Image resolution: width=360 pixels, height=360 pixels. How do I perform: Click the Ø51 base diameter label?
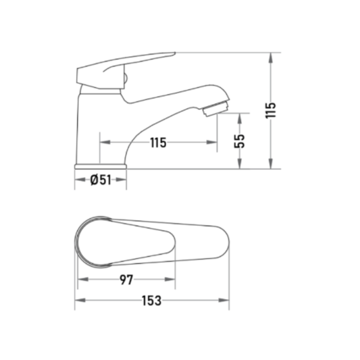point(101,180)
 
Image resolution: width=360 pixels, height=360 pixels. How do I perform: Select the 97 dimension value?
point(126,280)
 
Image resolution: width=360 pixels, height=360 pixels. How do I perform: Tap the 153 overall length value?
point(151,301)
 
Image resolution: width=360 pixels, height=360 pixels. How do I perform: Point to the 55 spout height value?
point(240,141)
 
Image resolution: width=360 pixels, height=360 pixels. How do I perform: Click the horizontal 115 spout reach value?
point(158,143)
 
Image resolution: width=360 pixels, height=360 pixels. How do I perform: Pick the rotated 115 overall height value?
point(271,111)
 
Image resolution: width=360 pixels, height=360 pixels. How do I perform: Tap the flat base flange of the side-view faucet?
point(101,166)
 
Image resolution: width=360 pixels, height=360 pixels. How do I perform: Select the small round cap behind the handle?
point(126,79)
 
